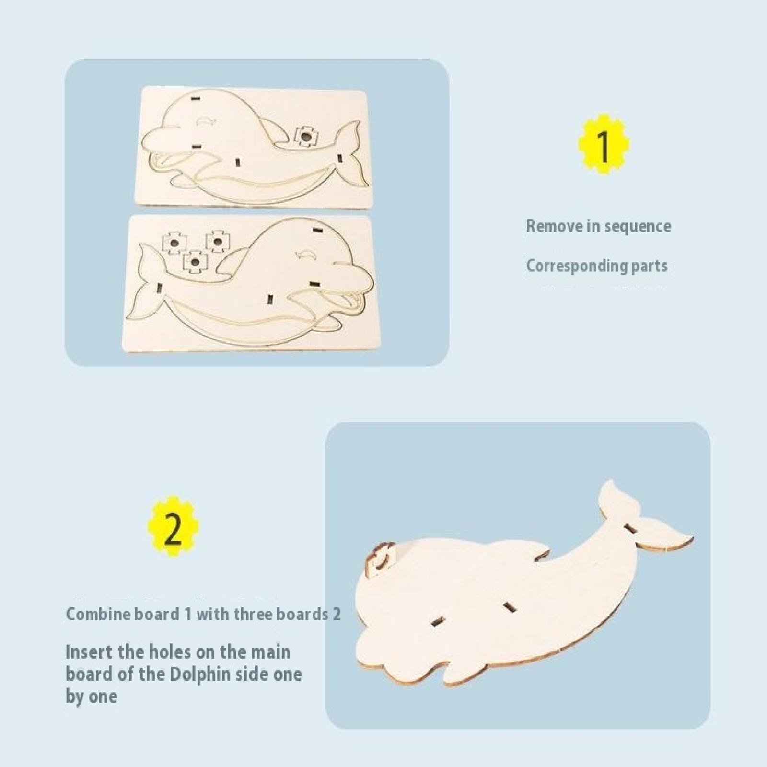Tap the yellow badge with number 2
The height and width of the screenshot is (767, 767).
[x=173, y=527]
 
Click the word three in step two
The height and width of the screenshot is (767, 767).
[x=264, y=614]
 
